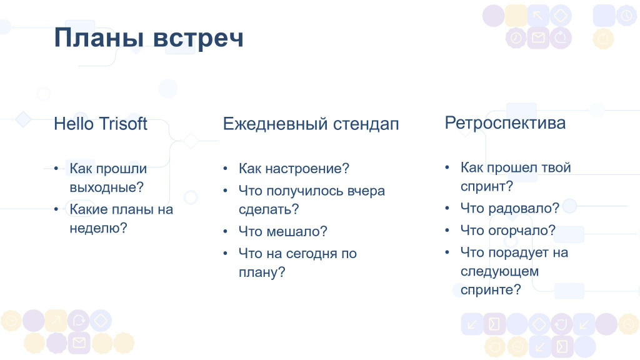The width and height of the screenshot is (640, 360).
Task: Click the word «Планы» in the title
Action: coord(99,37)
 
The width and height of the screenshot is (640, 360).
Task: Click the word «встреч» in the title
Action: coord(198,38)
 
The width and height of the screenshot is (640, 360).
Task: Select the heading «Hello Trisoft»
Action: coord(101,124)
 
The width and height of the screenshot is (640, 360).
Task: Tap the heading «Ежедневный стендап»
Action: coord(311,124)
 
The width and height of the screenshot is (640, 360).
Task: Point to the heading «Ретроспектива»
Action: coord(505,123)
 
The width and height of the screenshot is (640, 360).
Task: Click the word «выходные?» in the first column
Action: coord(106,187)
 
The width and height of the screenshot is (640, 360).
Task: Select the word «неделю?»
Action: coord(98,227)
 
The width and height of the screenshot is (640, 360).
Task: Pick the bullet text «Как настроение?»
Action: coord(294,168)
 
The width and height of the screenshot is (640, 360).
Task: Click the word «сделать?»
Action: coord(269,209)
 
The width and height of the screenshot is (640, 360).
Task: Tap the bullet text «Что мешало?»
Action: coord(283,231)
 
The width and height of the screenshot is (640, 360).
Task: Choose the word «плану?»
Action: coord(262,272)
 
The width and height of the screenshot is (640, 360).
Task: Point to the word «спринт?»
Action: coord(486,186)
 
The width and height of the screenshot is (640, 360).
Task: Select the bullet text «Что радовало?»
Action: coord(510,208)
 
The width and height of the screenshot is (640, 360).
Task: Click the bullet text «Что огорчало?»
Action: coord(508,230)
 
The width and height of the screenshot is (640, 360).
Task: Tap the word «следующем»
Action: coord(499,271)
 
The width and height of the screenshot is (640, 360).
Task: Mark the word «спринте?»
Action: coord(491,290)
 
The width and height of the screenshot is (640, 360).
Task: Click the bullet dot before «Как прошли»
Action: coord(56,168)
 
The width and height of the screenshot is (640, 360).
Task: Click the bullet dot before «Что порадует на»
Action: coord(447,252)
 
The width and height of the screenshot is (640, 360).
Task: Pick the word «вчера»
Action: coord(366,191)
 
